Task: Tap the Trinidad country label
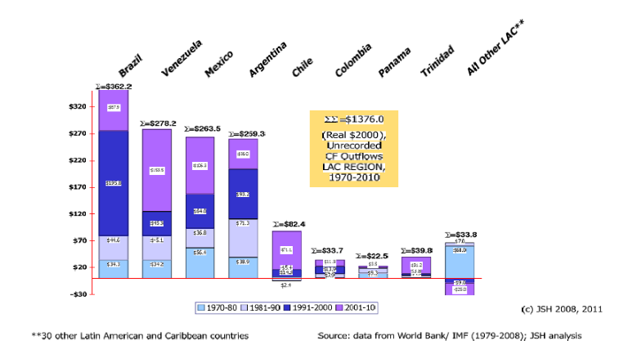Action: [x=435, y=61]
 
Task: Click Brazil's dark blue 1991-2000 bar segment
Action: [x=114, y=183]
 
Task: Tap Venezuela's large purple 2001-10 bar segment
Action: [x=158, y=170]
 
